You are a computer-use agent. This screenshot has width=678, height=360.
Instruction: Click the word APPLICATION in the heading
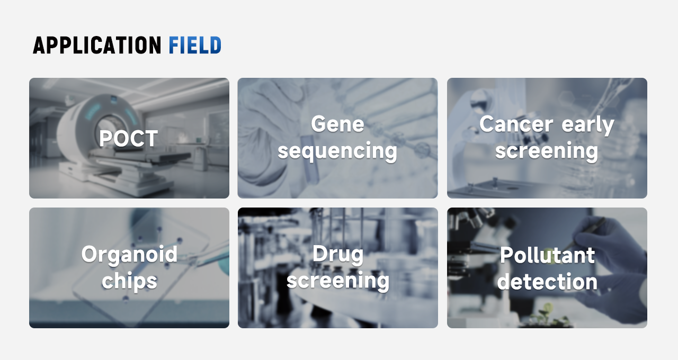[x=97, y=46]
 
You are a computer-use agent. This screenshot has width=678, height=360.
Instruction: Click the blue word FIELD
[x=195, y=46]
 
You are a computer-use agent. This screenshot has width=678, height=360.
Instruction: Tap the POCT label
[x=128, y=139]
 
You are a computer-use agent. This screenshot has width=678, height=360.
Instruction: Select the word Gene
[x=337, y=124]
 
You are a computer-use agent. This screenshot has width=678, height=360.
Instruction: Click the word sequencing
[x=337, y=151]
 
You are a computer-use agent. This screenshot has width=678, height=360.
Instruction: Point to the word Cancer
[x=516, y=124]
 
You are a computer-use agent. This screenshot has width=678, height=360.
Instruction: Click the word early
[x=588, y=125]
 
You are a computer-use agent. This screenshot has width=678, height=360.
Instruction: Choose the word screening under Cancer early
[x=547, y=151]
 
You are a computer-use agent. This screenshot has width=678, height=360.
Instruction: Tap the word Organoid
[x=129, y=255]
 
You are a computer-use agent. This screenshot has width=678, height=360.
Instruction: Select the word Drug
[x=338, y=255]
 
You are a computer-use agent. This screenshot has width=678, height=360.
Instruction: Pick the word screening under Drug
[x=338, y=281]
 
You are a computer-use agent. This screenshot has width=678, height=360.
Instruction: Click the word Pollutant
[x=547, y=255]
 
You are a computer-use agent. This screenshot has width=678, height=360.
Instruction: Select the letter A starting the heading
[x=39, y=46]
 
